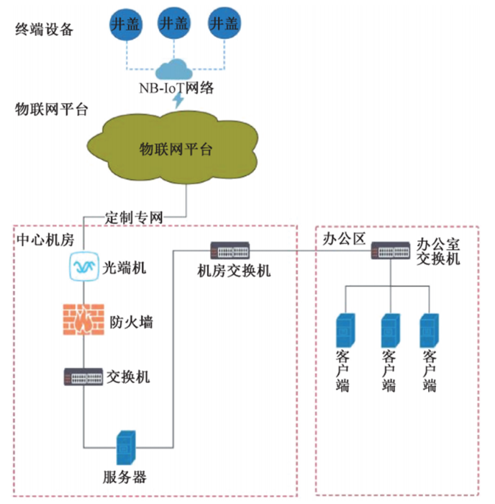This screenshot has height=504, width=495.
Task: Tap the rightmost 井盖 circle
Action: [223, 23]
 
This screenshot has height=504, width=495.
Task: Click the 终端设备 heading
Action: [45, 29]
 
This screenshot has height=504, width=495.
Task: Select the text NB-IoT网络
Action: [177, 88]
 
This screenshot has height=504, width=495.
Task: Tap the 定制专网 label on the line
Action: [135, 216]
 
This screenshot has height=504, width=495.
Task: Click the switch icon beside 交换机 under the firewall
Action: [84, 376]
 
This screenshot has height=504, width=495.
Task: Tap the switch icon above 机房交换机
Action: [232, 251]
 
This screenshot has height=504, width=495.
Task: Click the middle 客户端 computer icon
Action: [390, 331]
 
